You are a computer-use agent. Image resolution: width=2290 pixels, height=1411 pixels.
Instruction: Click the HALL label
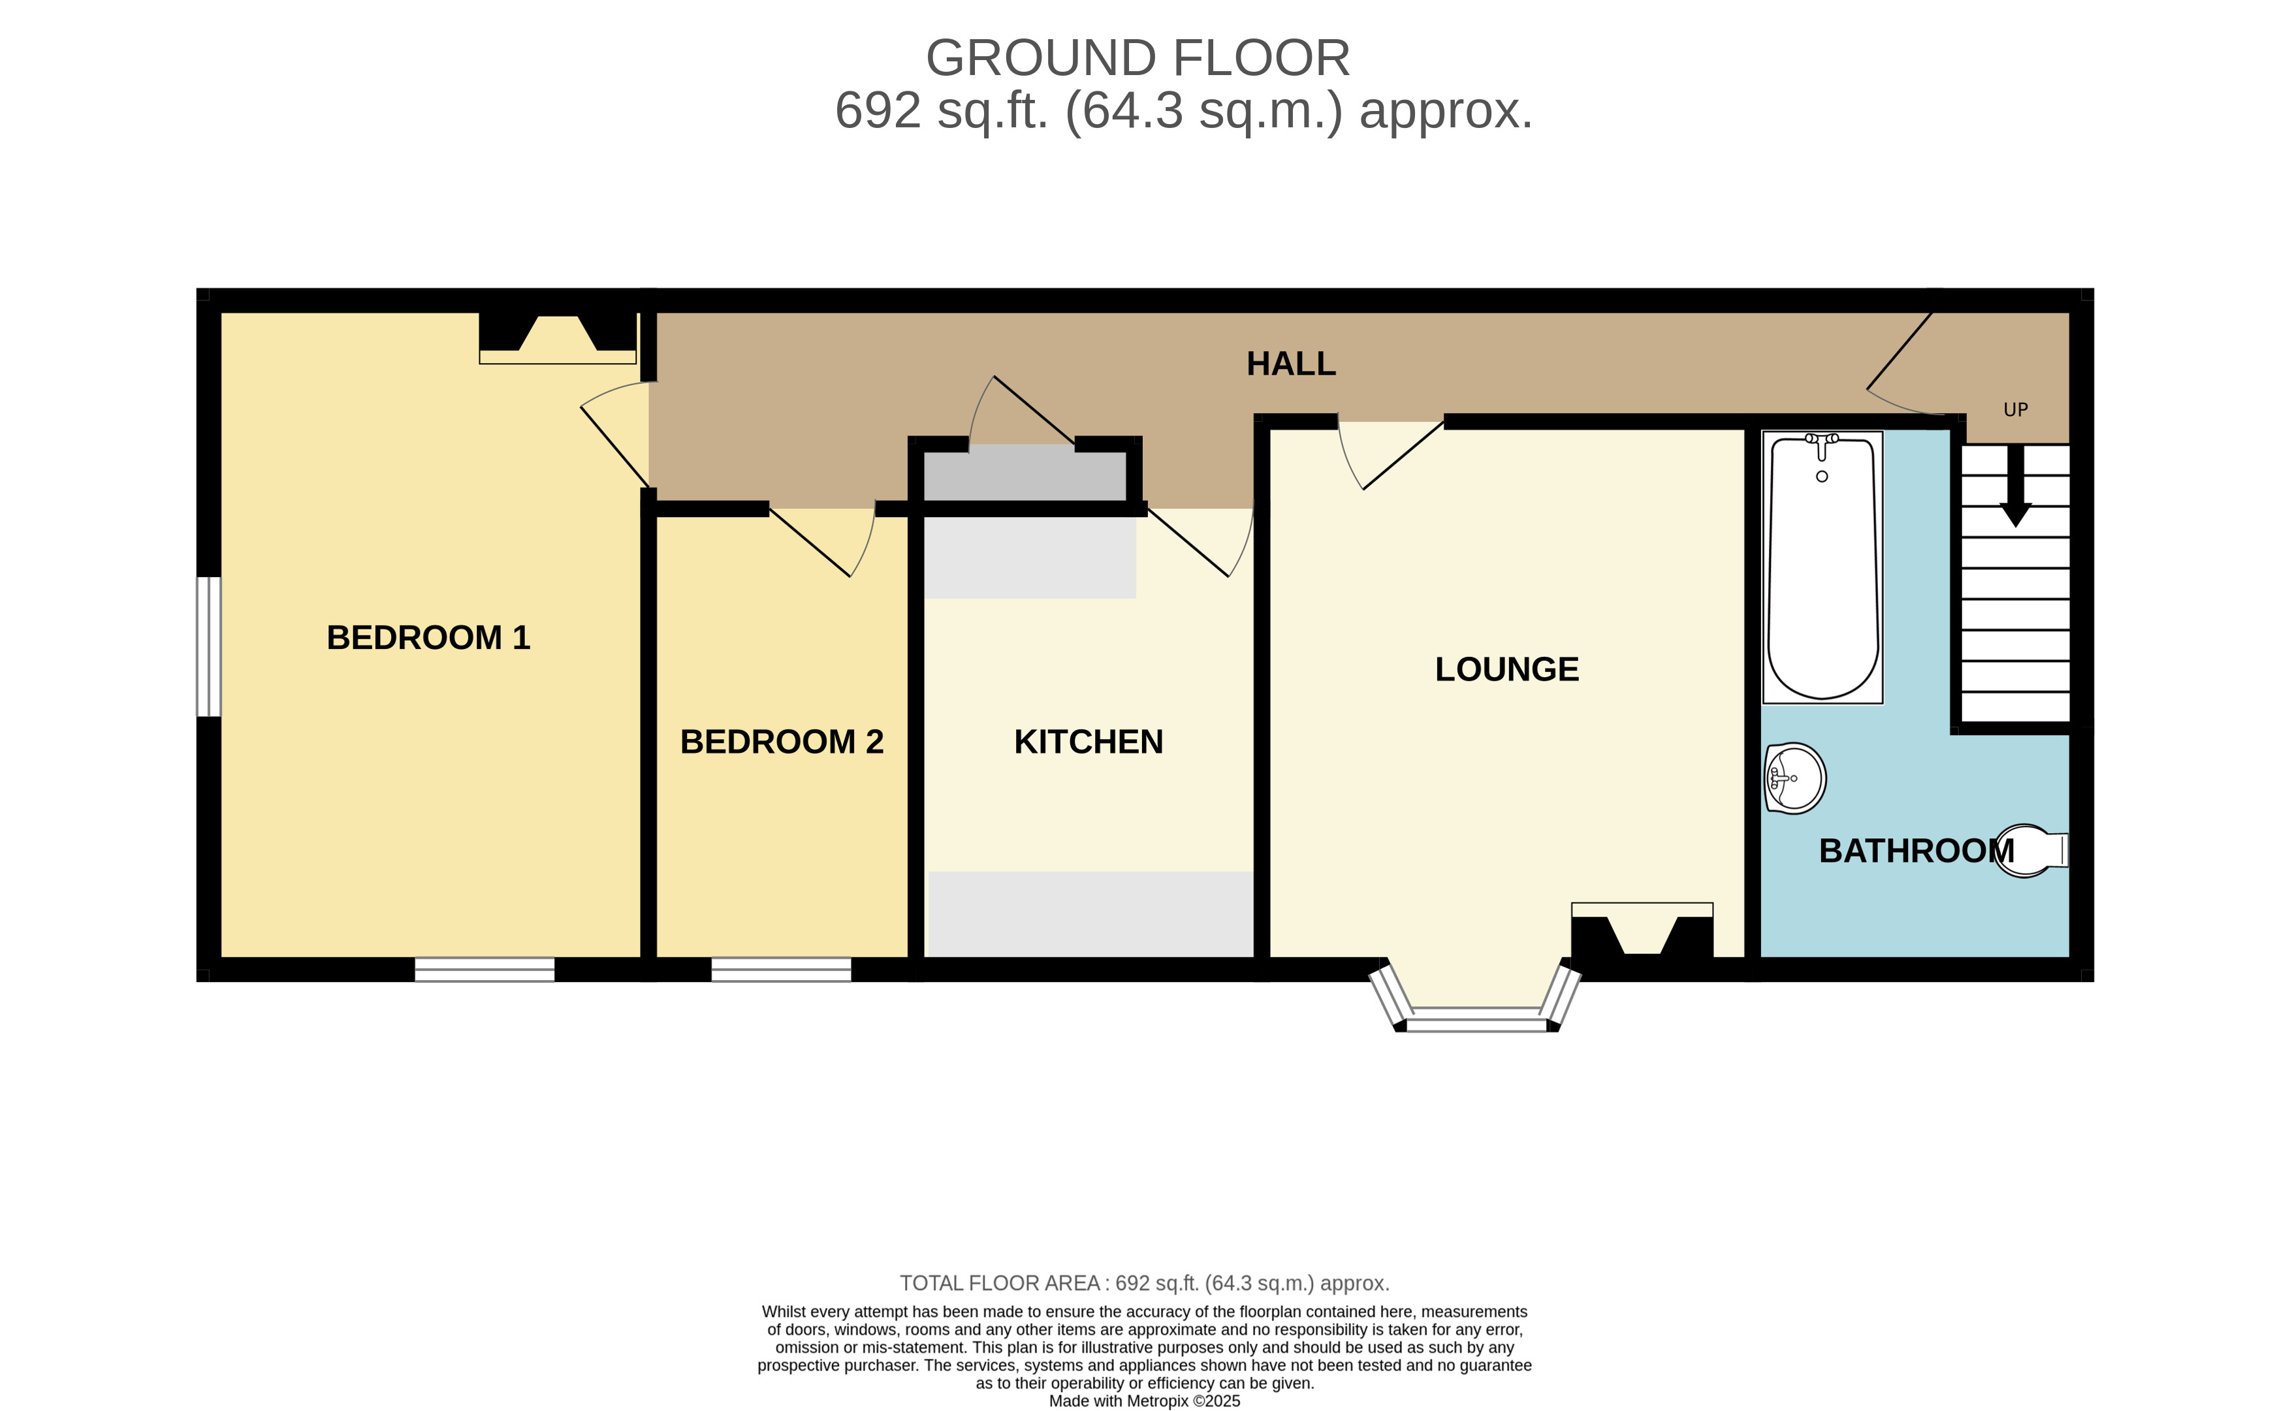pyautogui.click(x=1290, y=364)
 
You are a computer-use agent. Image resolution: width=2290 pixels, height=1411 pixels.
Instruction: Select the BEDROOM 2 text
pyautogui.click(x=781, y=742)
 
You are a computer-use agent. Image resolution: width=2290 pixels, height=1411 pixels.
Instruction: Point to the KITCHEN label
pyautogui.click(x=1088, y=742)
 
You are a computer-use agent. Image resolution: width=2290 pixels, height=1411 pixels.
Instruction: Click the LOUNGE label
pyautogui.click(x=1506, y=670)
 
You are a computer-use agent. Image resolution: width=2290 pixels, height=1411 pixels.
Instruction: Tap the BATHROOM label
pyautogui.click(x=1916, y=851)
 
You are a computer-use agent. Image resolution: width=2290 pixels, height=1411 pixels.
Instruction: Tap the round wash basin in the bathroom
pyautogui.click(x=1794, y=778)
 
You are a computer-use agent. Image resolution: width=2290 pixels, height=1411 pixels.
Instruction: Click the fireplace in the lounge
pyautogui.click(x=1642, y=932)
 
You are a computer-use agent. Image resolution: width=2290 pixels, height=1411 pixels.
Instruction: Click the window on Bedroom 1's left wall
pyautogui.click(x=209, y=646)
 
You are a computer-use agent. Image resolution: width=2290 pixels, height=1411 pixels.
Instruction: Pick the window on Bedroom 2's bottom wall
pyautogui.click(x=781, y=970)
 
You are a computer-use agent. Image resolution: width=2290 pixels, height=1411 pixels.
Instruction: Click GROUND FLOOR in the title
pyautogui.click(x=1137, y=58)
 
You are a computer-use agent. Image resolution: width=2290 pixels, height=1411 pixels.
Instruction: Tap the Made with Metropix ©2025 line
pyautogui.click(x=1144, y=1401)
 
